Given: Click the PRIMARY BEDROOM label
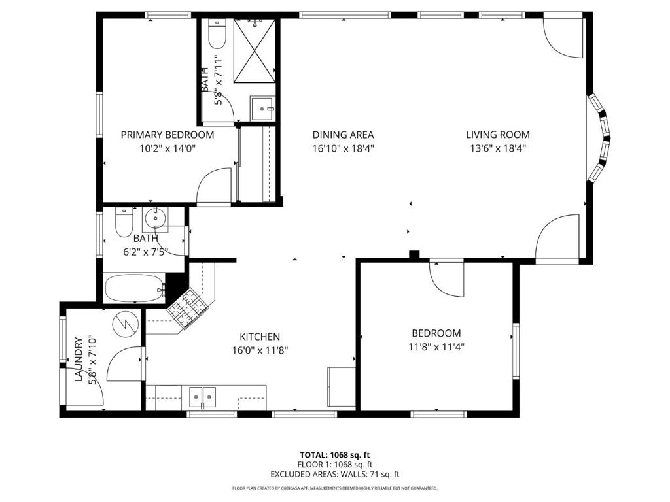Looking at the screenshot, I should click(x=167, y=135).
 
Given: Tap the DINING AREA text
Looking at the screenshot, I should click(x=343, y=135).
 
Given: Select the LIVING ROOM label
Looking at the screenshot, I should click(x=498, y=135).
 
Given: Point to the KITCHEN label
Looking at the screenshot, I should click(x=260, y=336).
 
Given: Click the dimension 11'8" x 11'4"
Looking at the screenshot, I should click(x=436, y=348).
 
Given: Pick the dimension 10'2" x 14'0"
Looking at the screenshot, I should click(x=167, y=148).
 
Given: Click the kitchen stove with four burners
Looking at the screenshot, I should click(x=188, y=306).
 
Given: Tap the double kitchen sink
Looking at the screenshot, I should click(x=202, y=396).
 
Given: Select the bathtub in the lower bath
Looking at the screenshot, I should click(x=133, y=288).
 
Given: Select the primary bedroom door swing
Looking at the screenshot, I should click(x=215, y=186).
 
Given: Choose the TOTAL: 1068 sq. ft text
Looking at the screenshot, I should click(x=334, y=454).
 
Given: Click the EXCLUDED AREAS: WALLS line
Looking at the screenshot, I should click(x=334, y=474).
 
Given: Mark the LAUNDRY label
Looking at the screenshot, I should click(x=79, y=359).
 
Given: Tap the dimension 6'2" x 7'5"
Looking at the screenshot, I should click(x=145, y=251).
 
